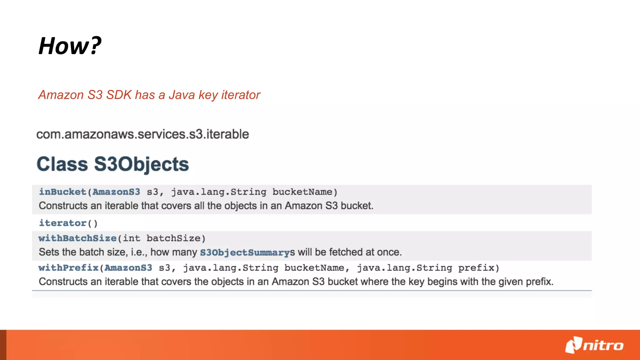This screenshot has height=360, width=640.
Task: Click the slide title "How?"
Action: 70,46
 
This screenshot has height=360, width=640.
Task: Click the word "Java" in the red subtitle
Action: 182,95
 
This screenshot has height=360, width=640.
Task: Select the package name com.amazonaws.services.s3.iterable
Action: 142,134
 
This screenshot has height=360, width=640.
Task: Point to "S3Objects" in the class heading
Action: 142,164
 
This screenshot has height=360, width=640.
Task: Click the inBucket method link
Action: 62,192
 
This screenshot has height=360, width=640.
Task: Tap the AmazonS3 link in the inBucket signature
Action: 116,192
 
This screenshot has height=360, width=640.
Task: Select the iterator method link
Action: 62,223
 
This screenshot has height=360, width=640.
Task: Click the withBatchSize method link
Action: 77,238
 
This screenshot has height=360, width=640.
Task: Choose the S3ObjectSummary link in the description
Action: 245,252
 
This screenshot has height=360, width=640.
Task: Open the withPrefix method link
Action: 68,268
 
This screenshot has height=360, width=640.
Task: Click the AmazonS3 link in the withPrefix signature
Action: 128,268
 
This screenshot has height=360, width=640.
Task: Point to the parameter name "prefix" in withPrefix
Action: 476,268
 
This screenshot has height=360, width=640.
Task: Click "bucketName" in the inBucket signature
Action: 302,192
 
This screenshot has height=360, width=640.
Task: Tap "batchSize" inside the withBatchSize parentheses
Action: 173,238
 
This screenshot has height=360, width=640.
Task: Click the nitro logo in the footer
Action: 594,345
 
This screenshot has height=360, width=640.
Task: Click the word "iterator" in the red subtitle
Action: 241,95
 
